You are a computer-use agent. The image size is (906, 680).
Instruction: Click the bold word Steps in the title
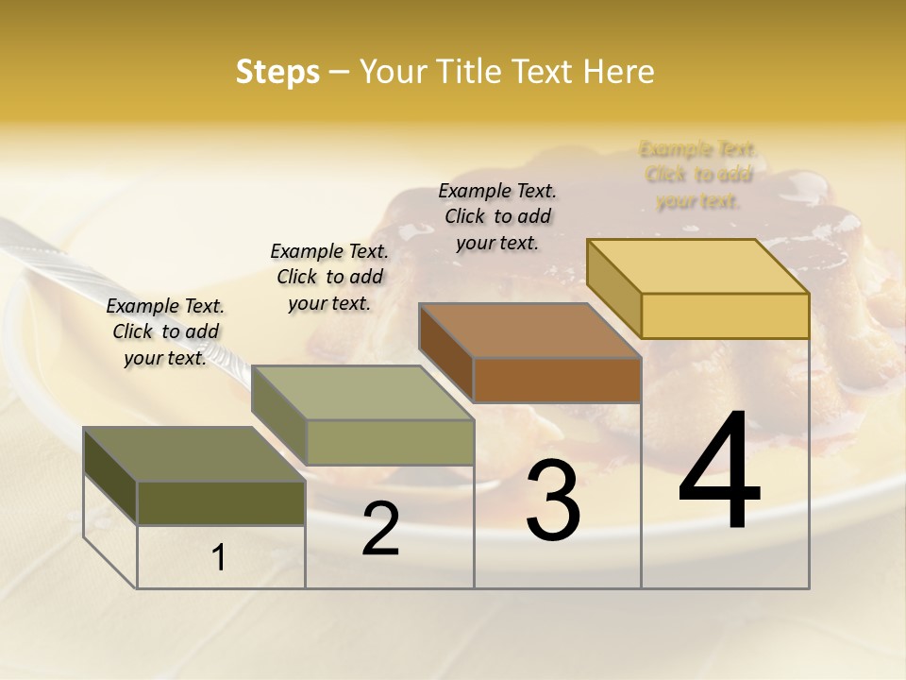[277, 72]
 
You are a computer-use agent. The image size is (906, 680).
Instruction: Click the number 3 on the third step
[553, 501]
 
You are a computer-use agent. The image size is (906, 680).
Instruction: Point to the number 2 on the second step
[380, 529]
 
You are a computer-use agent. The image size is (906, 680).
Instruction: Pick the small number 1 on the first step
[219, 558]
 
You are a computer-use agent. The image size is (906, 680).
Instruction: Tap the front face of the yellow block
[725, 315]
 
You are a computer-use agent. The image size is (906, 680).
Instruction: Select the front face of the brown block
[557, 380]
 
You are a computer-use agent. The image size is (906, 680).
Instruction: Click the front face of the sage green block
[390, 442]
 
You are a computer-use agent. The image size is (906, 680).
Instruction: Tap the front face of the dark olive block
[221, 502]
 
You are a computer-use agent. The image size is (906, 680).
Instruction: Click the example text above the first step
[165, 331]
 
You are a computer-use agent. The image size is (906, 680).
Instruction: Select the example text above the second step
[329, 277]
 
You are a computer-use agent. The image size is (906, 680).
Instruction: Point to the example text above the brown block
[497, 216]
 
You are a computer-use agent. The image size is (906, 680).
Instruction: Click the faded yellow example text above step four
[698, 175]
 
